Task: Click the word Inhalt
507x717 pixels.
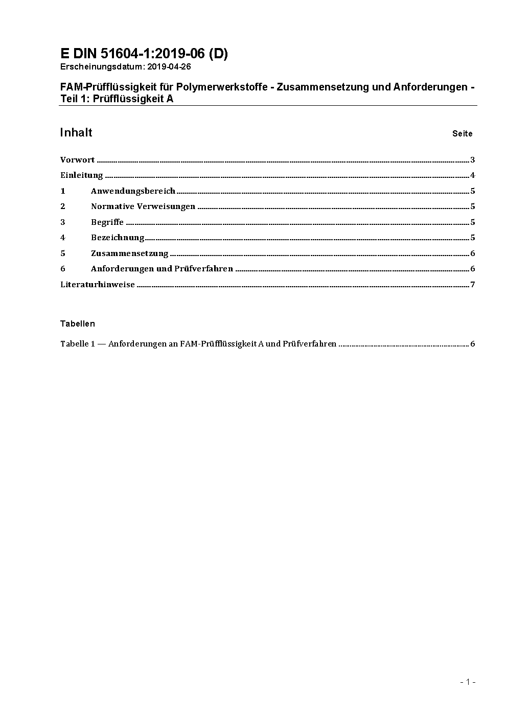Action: pyautogui.click(x=76, y=133)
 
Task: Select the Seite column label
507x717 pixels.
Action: pyautogui.click(x=462, y=134)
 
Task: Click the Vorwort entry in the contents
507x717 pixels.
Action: pyautogui.click(x=77, y=160)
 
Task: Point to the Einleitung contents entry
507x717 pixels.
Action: pyautogui.click(x=82, y=175)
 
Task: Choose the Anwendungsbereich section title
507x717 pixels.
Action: pyautogui.click(x=133, y=191)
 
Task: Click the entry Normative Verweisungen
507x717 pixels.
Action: pyautogui.click(x=143, y=206)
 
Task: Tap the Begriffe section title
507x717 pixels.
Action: pyautogui.click(x=107, y=222)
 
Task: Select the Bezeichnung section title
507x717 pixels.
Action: pyautogui.click(x=118, y=238)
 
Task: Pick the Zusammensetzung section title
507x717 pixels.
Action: pyautogui.click(x=130, y=253)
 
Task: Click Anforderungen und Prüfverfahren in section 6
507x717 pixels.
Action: pyautogui.click(x=162, y=269)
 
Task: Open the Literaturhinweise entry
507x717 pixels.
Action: pyautogui.click(x=98, y=285)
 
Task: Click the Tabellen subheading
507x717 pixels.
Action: pyautogui.click(x=78, y=323)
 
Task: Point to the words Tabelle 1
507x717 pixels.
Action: pyautogui.click(x=78, y=344)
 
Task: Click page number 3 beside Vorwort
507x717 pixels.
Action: pyautogui.click(x=473, y=160)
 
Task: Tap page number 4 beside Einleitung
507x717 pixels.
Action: pyautogui.click(x=473, y=175)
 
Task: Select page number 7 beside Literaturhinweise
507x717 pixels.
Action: pyautogui.click(x=473, y=285)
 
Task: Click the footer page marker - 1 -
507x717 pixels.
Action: pyautogui.click(x=468, y=682)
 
